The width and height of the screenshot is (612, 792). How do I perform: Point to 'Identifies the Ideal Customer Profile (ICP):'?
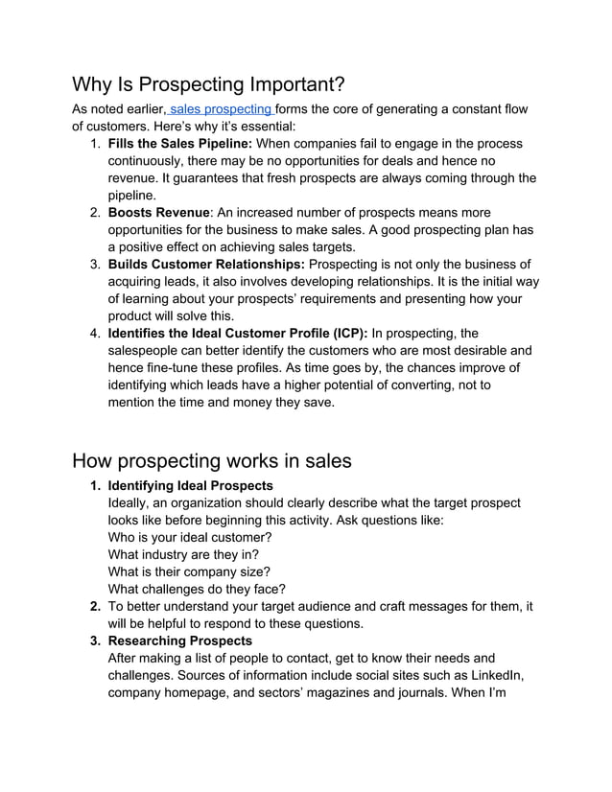coord(237,333)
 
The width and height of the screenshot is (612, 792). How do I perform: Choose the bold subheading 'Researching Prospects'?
coord(179,641)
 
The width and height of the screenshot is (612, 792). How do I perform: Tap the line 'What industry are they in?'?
coord(183,554)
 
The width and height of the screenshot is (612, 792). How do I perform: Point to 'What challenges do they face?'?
coord(197,589)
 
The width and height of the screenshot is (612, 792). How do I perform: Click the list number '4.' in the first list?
coord(95,333)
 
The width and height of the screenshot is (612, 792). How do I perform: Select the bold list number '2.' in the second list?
coord(95,606)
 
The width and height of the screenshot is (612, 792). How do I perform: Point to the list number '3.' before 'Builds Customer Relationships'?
coord(95,264)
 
